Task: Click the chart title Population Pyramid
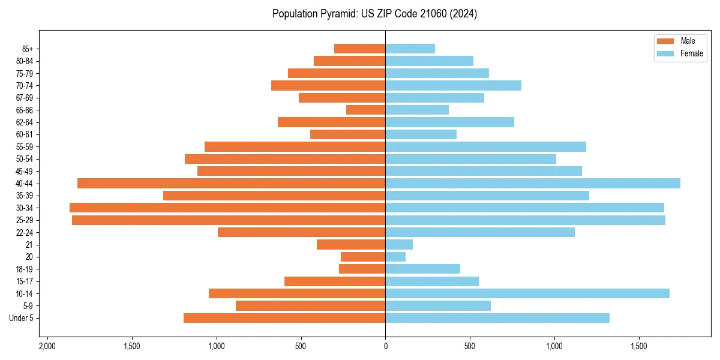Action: point(374,14)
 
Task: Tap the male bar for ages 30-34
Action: point(227,208)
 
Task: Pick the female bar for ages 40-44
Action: point(533,183)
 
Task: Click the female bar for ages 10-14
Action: point(527,293)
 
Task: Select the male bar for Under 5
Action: point(284,318)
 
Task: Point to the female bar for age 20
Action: point(395,257)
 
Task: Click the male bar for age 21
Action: point(351,244)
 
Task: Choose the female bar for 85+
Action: point(410,49)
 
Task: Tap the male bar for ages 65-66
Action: point(365,110)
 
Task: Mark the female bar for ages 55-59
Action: point(485,146)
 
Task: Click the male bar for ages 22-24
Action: point(301,232)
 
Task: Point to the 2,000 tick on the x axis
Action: point(47,346)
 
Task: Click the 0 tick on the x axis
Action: point(385,346)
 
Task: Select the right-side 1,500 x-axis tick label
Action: point(639,346)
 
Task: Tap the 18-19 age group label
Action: point(25,269)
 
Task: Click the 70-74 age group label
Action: point(25,85)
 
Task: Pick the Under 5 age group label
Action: point(22,318)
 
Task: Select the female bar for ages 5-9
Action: point(438,305)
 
